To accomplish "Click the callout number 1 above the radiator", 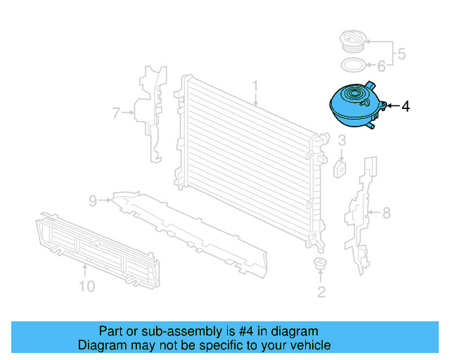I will coord(256,87).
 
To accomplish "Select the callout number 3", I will coord(342,141).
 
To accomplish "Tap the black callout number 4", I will coord(406,107).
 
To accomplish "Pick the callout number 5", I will coord(401,53).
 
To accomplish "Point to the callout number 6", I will coord(381,67).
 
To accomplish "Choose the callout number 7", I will coord(117,111).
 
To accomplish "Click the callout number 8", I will coord(385,212).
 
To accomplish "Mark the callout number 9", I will coord(93,201).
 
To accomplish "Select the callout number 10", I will coord(86,286).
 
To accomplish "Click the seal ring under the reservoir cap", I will coord(352,66).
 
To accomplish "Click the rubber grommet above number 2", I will coord(321,265).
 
